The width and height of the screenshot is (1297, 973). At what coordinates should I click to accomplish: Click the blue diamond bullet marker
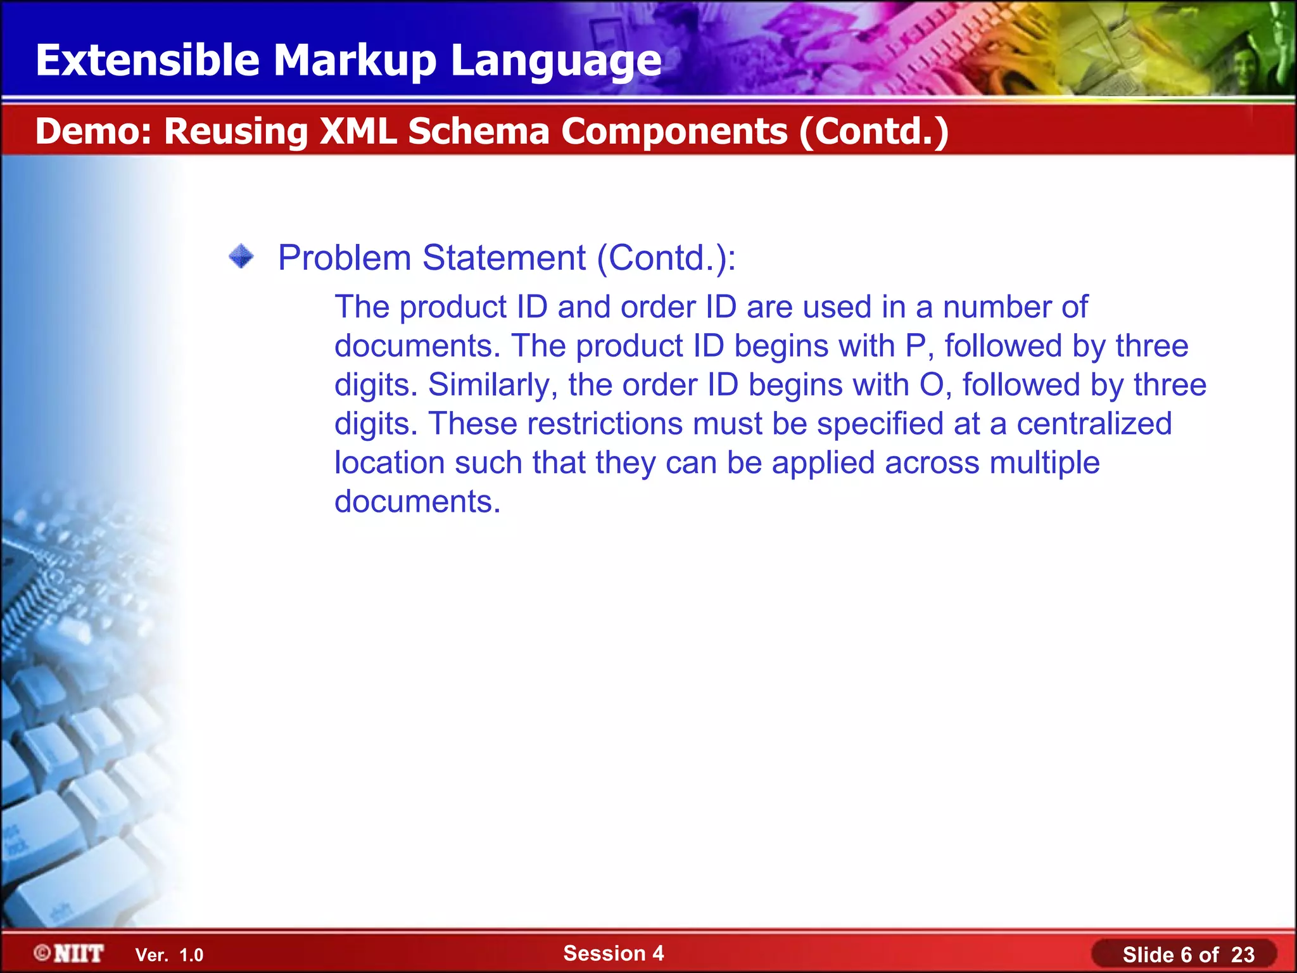pyautogui.click(x=241, y=257)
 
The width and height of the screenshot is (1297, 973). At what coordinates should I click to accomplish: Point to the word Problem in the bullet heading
pyautogui.click(x=345, y=258)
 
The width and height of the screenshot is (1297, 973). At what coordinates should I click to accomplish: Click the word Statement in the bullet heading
pyautogui.click(x=504, y=258)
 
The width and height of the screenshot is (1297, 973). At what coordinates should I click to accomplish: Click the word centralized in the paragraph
pyautogui.click(x=1094, y=424)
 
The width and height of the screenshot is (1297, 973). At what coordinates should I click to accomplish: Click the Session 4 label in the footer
pyautogui.click(x=613, y=953)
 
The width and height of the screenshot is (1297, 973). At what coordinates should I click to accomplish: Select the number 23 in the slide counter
pyautogui.click(x=1243, y=955)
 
